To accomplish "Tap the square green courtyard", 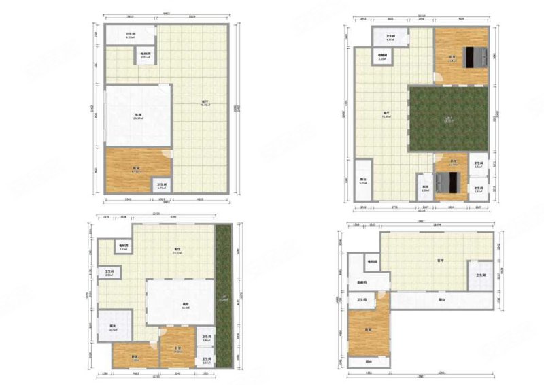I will click(448, 118).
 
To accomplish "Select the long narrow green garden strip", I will click(223, 295).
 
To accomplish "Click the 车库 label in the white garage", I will click(137, 116).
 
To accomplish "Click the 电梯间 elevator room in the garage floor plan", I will click(146, 55).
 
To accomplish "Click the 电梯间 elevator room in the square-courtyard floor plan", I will click(383, 57).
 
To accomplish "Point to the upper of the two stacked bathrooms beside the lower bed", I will click(479, 166).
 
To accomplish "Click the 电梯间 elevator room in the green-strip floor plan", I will click(123, 248).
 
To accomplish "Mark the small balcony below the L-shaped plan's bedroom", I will click(368, 362).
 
